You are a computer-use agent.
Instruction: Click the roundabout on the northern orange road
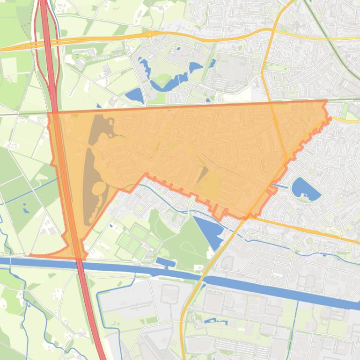tap(149, 34)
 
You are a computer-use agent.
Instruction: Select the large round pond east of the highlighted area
tap(305, 189)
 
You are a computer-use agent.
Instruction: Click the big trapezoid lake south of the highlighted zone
tap(209, 230)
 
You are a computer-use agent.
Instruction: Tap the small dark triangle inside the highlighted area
tap(202, 174)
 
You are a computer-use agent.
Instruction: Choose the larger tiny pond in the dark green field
tap(24, 205)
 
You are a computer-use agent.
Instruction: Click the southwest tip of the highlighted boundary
tap(31, 255)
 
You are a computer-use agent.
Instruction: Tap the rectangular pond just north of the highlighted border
tap(135, 96)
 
